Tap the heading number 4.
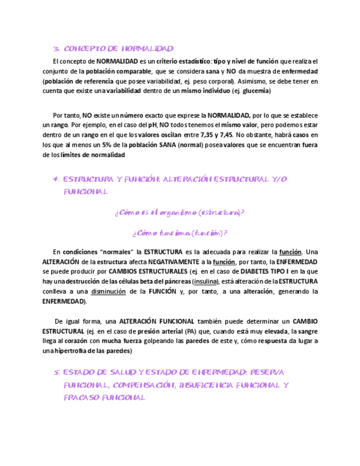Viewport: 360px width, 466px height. pos(56,180)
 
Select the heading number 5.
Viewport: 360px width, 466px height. pos(56,373)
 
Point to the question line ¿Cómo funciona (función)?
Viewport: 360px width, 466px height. pos(180,233)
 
